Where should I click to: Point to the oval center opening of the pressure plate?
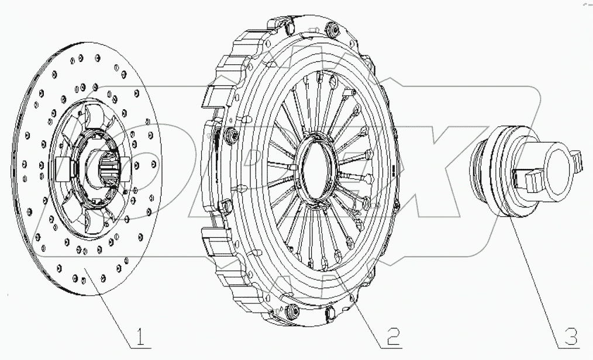319,169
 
